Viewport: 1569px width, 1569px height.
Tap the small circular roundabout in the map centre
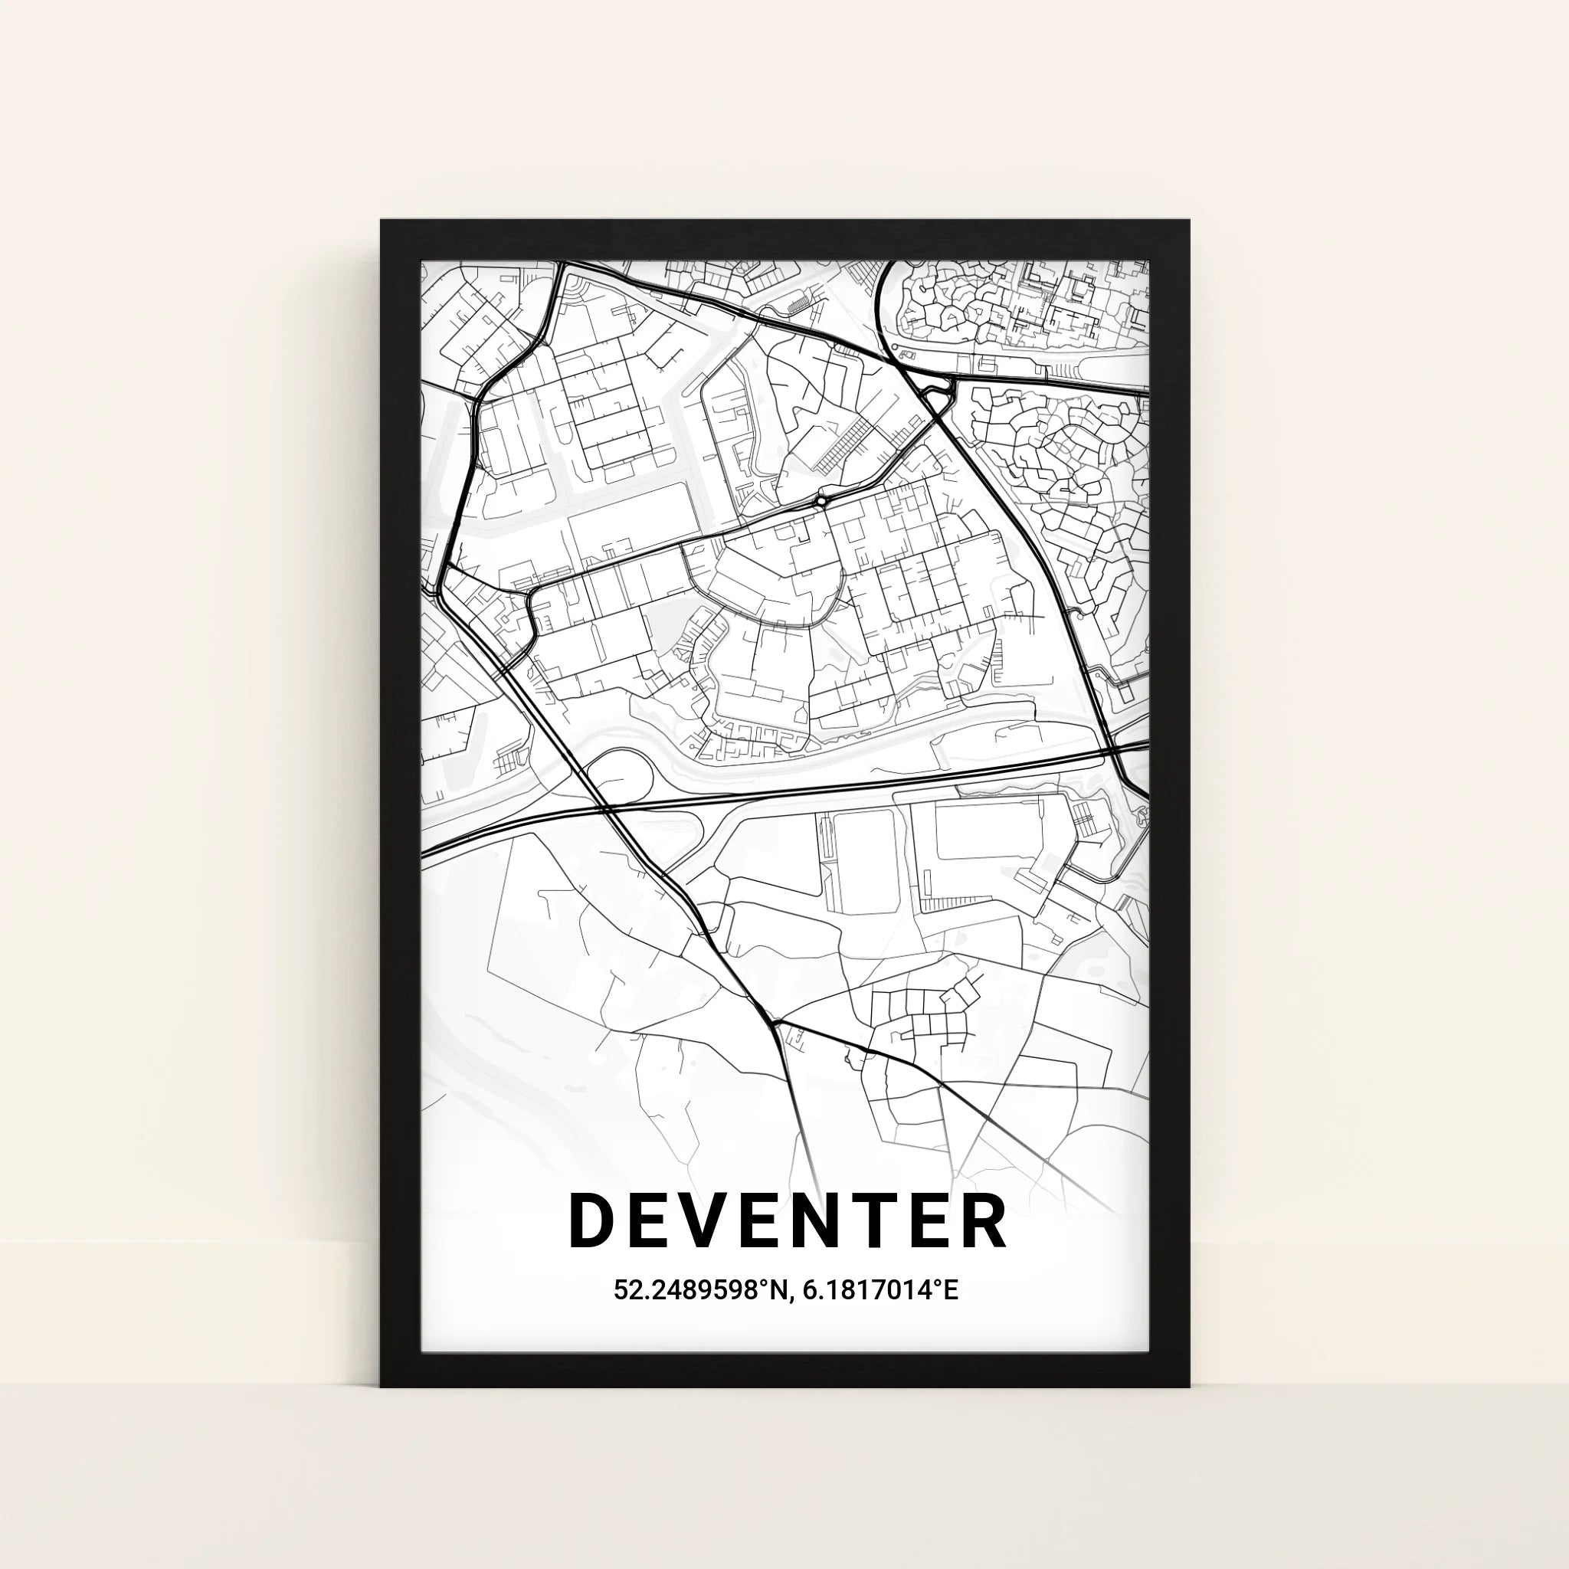point(822,501)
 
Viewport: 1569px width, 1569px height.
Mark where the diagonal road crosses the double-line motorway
point(607,809)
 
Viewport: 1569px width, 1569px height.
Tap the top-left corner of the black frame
point(383,222)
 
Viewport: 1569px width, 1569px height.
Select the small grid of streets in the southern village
point(925,1015)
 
